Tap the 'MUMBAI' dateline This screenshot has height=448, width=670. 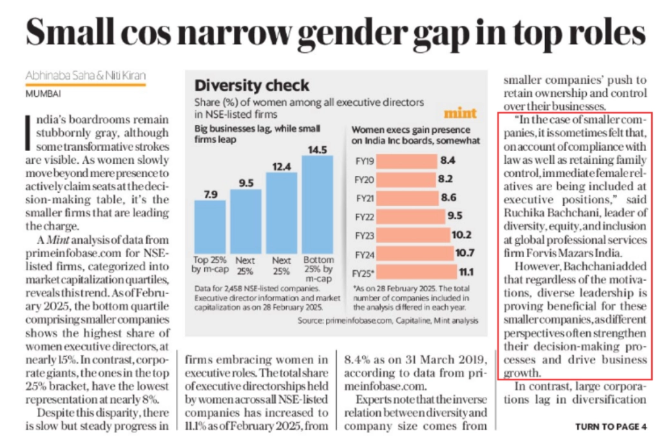[43, 93]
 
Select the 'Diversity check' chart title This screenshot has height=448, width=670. [252, 85]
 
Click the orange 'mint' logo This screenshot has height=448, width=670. [460, 113]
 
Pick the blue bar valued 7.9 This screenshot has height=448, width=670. [210, 225]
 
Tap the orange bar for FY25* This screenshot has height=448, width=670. [412, 273]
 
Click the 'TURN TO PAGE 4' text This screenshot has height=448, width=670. [611, 427]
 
